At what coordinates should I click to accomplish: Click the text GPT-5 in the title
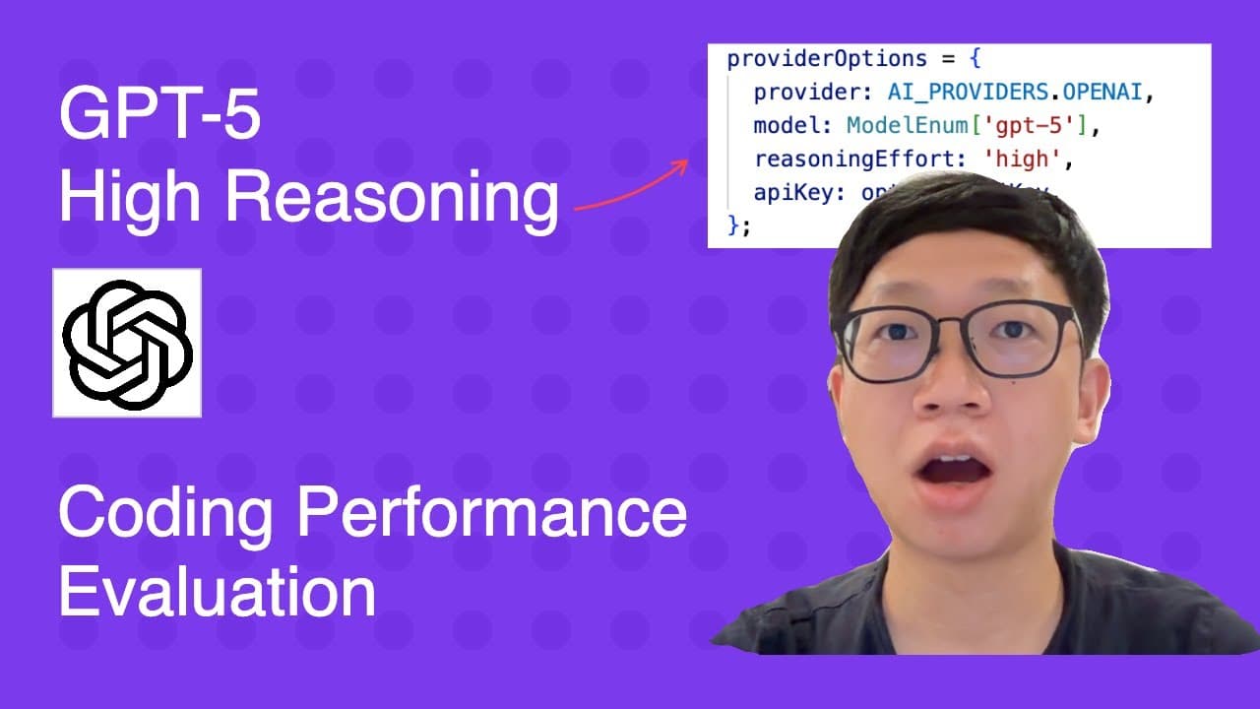pos(159,116)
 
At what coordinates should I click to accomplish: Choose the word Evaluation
pos(217,592)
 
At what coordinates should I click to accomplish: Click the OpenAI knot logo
pos(127,343)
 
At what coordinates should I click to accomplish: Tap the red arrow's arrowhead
pos(680,166)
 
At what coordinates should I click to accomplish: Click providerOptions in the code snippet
pos(813,59)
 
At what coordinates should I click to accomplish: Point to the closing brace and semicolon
pos(738,226)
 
